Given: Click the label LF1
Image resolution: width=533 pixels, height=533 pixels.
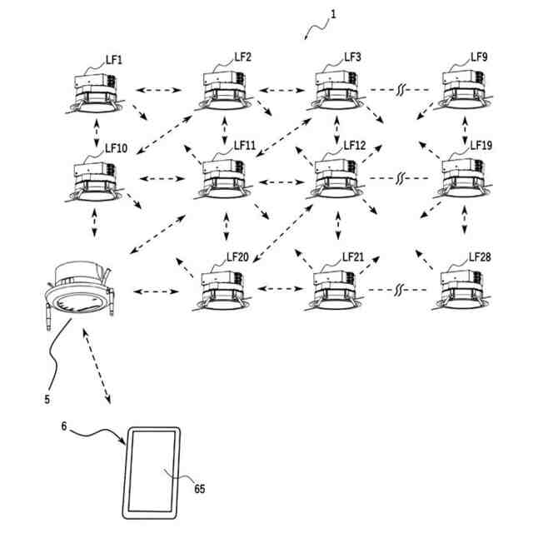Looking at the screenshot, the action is click(x=113, y=60).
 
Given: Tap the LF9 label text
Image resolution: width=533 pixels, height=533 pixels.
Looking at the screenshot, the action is click(x=479, y=57).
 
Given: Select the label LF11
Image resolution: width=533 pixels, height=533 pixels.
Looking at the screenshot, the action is click(x=244, y=146).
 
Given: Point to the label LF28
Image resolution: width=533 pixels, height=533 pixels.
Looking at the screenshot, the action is click(x=480, y=257).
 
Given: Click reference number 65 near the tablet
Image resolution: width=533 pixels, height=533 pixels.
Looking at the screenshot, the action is click(x=200, y=489).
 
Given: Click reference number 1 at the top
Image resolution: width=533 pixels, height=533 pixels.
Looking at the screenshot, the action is click(x=333, y=14).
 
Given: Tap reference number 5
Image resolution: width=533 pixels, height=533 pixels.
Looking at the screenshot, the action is click(x=47, y=400).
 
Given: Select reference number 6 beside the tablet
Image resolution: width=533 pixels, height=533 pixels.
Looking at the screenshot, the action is click(x=64, y=426).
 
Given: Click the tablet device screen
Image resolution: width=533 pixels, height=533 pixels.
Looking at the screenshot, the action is click(x=152, y=471).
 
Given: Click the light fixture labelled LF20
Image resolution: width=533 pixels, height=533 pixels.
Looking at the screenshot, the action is click(x=222, y=291).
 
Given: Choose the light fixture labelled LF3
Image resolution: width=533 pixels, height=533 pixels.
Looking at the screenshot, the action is click(x=336, y=91).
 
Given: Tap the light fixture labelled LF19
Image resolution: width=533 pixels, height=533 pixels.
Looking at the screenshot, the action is click(x=465, y=178).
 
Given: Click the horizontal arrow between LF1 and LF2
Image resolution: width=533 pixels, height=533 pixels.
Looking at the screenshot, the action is click(x=158, y=90).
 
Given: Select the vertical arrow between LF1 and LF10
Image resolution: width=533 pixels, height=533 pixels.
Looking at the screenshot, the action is click(x=97, y=132).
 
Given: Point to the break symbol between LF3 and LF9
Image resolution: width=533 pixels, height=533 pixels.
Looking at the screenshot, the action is click(x=400, y=90).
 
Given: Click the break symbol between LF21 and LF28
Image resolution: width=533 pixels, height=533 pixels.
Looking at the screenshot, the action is click(x=398, y=290).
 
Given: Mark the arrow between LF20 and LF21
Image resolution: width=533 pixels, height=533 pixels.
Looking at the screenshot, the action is click(x=280, y=289).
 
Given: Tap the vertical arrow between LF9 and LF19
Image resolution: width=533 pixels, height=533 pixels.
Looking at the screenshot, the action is click(x=465, y=131).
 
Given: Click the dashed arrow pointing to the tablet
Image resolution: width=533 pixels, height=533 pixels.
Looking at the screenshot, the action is click(x=97, y=366).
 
